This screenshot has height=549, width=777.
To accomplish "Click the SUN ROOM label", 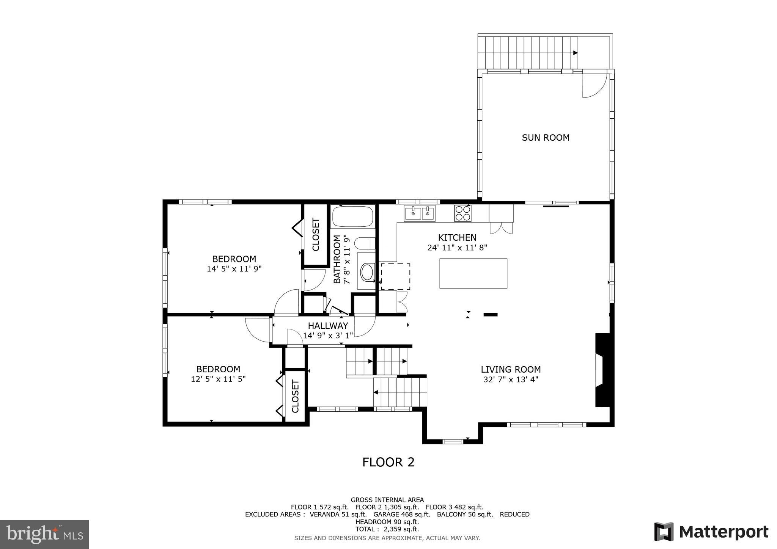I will click(x=546, y=138).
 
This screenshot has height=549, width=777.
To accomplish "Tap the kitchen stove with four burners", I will click(x=462, y=213).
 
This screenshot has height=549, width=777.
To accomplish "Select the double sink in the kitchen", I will click(x=420, y=213).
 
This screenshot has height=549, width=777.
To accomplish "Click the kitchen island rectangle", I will click(x=473, y=273).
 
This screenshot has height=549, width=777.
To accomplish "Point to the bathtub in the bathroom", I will click(x=352, y=216).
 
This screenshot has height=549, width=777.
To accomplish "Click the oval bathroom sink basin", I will click(x=367, y=273).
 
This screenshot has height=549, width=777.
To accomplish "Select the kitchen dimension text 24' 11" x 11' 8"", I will click(x=457, y=248).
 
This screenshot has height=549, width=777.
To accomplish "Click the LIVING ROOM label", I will click(x=511, y=369).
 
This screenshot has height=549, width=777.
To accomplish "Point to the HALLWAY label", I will click(x=328, y=326).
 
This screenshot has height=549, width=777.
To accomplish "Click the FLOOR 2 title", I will click(x=388, y=462).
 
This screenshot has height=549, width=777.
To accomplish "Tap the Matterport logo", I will click(x=711, y=532).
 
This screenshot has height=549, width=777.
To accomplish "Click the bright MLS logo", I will click(x=44, y=534).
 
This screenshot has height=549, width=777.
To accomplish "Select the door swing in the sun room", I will click(x=593, y=86).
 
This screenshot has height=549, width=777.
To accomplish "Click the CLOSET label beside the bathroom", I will click(x=316, y=235).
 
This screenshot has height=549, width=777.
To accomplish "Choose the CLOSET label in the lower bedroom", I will click(x=295, y=396).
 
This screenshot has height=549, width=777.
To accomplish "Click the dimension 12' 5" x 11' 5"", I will click(x=218, y=379).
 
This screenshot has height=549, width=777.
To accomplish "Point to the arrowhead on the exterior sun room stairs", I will click(x=575, y=53).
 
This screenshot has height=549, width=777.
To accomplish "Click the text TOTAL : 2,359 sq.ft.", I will click(x=387, y=529).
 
